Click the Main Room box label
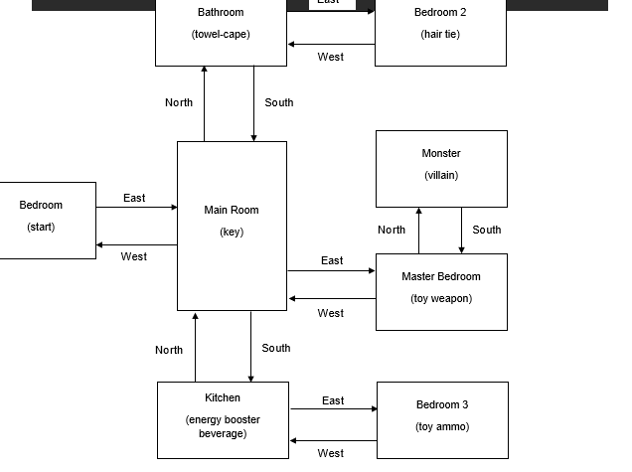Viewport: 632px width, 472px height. (231, 211)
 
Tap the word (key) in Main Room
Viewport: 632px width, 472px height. (231, 233)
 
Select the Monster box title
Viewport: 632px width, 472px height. (441, 154)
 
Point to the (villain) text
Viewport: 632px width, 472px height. (441, 176)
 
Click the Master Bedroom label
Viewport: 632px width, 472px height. (441, 277)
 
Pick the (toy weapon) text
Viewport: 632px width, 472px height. (441, 299)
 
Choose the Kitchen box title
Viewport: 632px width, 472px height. (223, 398)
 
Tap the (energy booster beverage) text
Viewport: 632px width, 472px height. (223, 427)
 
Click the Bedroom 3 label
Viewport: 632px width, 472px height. (442, 405)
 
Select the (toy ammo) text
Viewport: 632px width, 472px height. (442, 427)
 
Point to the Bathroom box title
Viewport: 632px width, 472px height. (221, 13)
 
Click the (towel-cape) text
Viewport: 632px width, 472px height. (221, 35)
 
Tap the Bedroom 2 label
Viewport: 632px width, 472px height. (440, 13)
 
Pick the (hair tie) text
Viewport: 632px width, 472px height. (440, 35)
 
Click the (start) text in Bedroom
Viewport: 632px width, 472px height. (41, 228)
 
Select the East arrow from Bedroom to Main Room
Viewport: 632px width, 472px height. (136, 208)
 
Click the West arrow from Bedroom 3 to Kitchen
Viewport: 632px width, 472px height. (334, 440)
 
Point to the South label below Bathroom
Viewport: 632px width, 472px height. (279, 102)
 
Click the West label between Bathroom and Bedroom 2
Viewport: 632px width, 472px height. (331, 57)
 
